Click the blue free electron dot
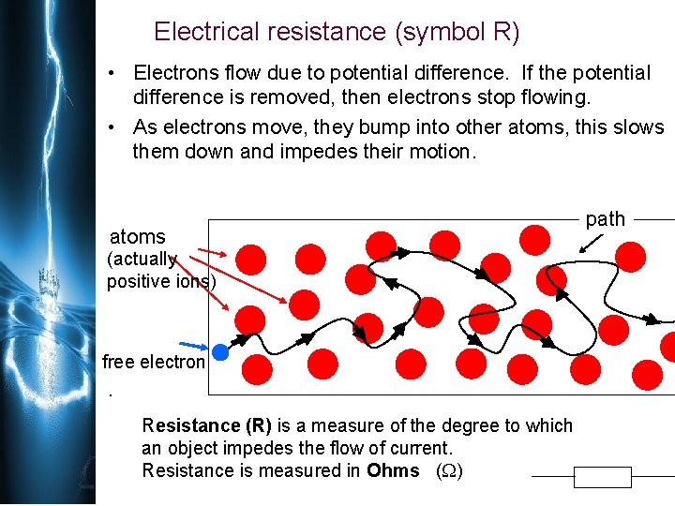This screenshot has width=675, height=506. point(220,352)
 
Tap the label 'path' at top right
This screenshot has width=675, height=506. point(605,219)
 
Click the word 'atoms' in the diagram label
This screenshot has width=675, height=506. point(138,237)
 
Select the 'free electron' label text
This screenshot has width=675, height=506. point(153,362)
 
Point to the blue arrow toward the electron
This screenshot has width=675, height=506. point(196,347)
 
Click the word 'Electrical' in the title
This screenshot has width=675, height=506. point(205,32)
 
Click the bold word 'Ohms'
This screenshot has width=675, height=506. point(393,470)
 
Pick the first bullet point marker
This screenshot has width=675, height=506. point(111,73)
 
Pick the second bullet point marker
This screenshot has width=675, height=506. point(111,127)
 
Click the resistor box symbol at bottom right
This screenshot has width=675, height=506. point(603,478)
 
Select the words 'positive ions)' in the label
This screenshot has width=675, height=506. point(161,281)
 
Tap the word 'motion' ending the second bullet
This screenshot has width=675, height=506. point(441,151)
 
